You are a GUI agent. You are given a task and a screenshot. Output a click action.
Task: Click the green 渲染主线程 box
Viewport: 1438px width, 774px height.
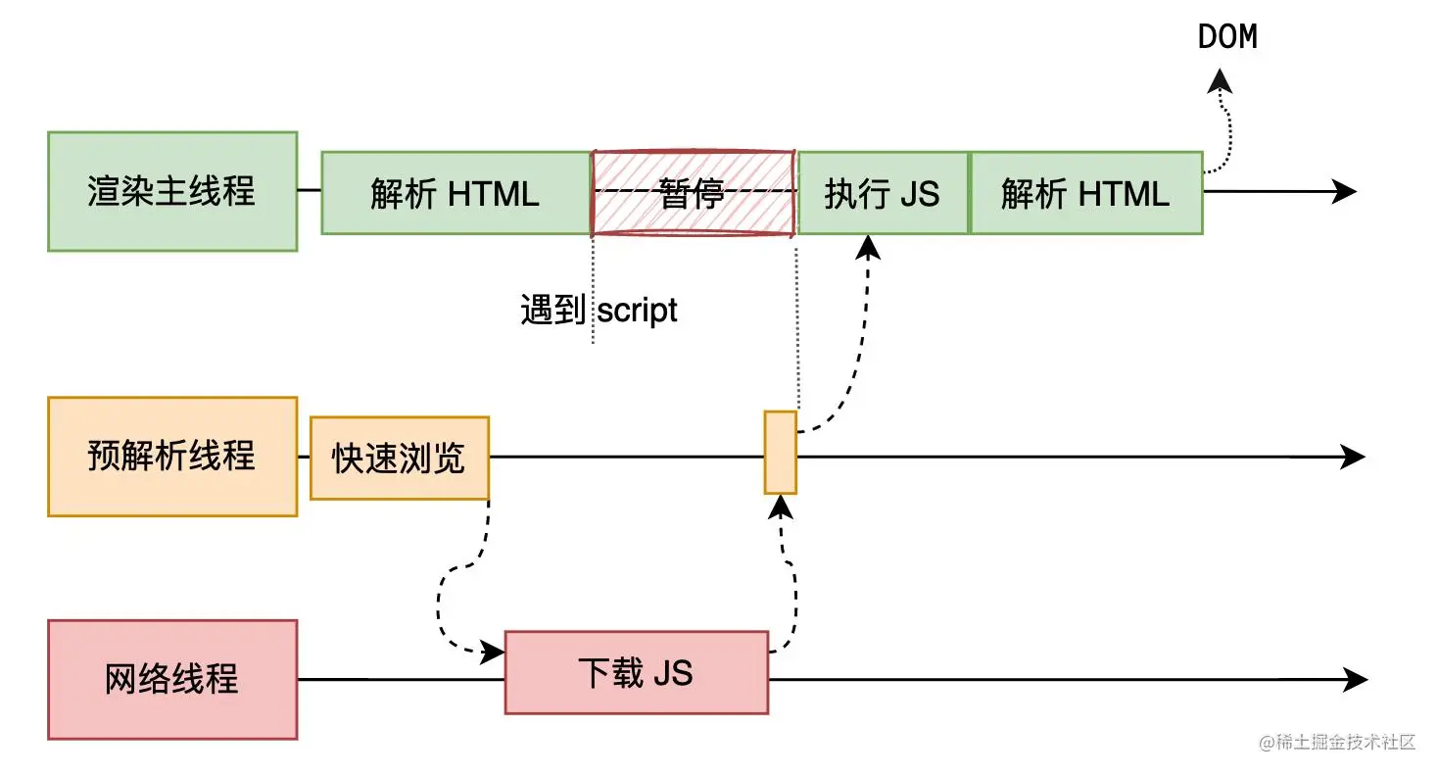172,192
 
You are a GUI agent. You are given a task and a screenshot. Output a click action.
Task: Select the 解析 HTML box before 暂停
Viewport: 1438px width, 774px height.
455,193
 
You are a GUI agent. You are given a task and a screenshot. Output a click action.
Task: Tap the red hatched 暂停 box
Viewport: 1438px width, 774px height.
693,193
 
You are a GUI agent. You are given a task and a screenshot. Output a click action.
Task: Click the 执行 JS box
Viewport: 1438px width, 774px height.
883,193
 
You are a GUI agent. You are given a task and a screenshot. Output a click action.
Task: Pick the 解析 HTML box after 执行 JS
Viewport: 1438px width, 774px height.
1085,193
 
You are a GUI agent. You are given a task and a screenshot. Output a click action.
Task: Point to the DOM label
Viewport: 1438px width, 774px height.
1227,37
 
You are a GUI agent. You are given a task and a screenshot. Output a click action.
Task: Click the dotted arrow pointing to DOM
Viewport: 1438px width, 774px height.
1224,127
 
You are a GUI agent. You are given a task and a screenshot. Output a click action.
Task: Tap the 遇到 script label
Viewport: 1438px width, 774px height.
599,311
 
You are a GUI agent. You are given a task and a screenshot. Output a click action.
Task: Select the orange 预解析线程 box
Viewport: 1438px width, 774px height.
172,457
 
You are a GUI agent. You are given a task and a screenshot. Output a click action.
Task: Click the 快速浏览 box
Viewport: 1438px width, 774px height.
399,458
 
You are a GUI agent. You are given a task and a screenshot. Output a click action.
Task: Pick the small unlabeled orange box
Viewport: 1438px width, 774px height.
781,453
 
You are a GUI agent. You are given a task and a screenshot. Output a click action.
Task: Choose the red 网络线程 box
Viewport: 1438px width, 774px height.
172,679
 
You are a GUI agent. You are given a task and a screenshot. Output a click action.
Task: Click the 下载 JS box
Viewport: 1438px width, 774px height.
636,673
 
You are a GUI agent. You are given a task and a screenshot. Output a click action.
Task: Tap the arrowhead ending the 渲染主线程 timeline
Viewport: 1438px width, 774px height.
1346,192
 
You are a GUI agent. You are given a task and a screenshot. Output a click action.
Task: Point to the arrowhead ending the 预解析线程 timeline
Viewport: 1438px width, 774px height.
1354,457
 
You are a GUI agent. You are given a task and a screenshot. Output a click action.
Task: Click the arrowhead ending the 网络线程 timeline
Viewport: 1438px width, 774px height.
1357,679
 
